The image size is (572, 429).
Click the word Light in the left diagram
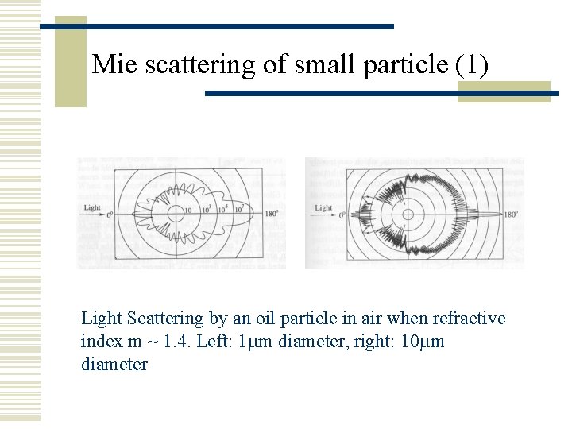(x=91, y=208)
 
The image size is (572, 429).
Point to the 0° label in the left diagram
(x=110, y=214)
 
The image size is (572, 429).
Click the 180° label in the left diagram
(x=272, y=214)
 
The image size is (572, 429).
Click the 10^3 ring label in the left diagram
(x=205, y=209)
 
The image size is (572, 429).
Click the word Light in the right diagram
(x=323, y=208)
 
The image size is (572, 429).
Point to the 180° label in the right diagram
(x=510, y=214)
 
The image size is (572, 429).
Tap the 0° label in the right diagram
(x=342, y=214)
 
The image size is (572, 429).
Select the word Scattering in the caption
(x=166, y=319)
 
